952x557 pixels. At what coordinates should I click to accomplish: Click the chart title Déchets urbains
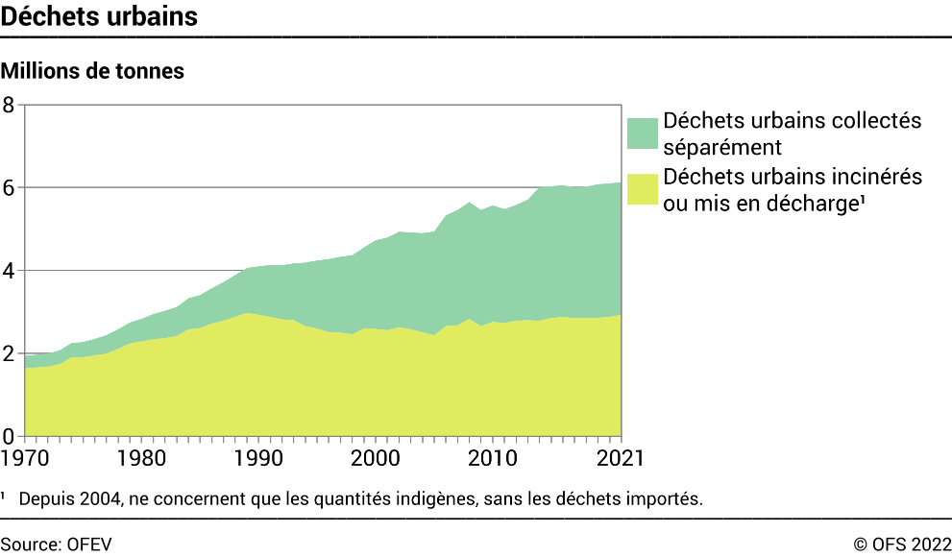100,17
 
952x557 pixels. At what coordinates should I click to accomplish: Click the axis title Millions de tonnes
92,71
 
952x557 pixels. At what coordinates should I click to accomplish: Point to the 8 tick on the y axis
9,105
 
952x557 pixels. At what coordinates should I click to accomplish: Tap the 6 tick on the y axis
9,187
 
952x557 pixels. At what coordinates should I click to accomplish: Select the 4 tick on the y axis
9,271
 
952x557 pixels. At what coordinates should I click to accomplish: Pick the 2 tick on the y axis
9,353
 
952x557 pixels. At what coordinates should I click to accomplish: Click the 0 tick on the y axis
9,436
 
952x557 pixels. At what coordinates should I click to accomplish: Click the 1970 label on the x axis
25,456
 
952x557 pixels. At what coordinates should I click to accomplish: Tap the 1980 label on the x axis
141,456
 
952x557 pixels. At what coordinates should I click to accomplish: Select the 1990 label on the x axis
257,456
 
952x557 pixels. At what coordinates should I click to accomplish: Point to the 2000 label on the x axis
375,456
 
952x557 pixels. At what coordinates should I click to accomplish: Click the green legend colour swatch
643,133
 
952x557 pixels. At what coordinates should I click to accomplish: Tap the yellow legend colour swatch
643,189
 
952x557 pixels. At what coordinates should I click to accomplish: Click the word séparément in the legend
722,147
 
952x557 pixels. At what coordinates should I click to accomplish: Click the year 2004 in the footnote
96,499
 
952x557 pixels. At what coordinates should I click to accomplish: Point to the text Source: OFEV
57,544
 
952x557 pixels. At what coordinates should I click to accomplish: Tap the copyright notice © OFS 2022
902,544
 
